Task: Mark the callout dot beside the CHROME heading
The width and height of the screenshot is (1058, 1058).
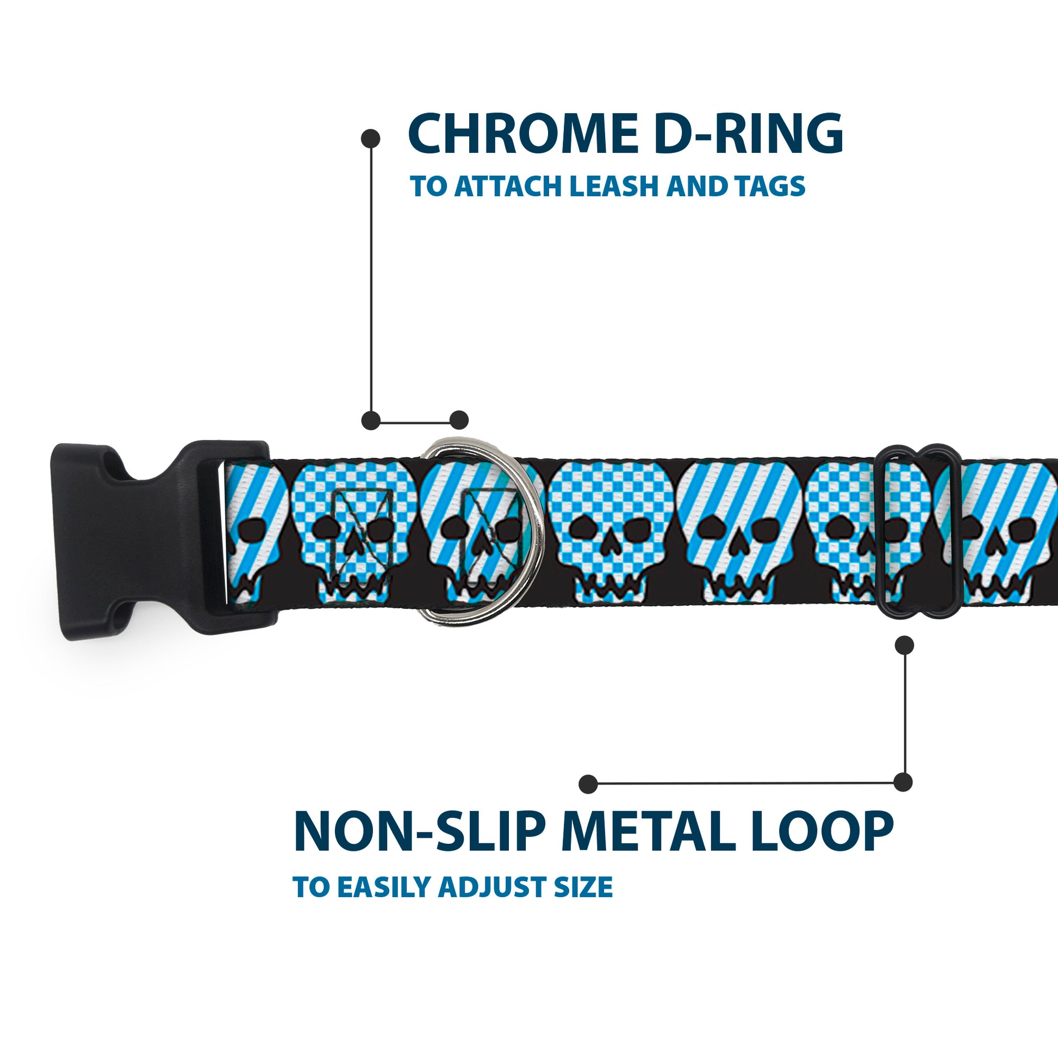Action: [371, 138]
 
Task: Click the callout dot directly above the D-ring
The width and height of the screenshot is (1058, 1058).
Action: [459, 420]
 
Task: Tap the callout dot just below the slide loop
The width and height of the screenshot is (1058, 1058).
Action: [904, 645]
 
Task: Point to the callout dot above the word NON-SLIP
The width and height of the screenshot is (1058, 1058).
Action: [588, 784]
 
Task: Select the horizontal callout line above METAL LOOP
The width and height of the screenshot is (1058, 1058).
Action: [745, 783]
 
